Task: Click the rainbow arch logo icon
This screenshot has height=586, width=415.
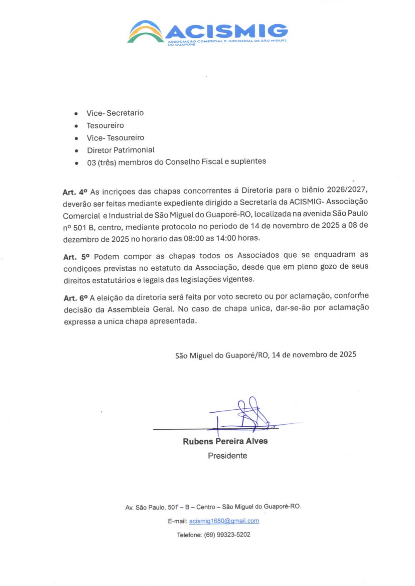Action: click(x=145, y=32)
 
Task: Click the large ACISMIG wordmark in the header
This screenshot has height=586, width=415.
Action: click(x=227, y=31)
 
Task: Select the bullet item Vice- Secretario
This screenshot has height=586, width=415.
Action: click(x=115, y=113)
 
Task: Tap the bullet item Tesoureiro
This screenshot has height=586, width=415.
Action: click(x=105, y=126)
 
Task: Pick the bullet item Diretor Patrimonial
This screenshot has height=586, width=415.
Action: click(x=121, y=150)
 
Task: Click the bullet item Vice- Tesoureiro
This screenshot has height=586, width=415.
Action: click(x=115, y=138)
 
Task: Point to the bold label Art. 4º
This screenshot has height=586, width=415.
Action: click(x=75, y=192)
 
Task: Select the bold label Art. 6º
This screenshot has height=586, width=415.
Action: click(x=76, y=298)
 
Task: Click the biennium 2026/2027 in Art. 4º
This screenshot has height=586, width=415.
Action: click(x=347, y=190)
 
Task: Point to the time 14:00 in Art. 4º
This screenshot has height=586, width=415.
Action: click(x=226, y=238)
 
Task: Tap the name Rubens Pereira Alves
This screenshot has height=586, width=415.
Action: click(x=225, y=441)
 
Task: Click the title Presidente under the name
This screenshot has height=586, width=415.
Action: click(x=227, y=456)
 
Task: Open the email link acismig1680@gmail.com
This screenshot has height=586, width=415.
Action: click(x=224, y=521)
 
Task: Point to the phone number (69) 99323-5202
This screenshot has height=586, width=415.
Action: click(x=227, y=535)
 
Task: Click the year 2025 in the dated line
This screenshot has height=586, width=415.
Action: click(x=348, y=355)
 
